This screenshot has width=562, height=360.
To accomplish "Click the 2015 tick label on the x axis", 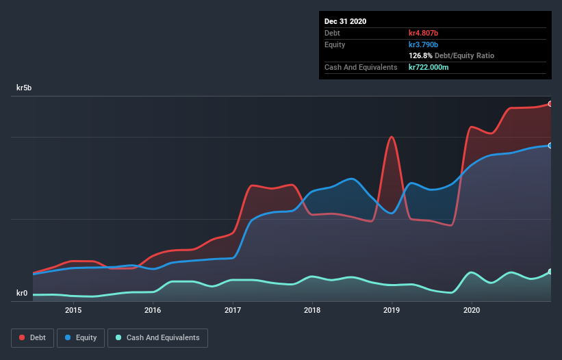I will [73, 310].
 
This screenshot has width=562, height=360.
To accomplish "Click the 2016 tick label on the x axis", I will [153, 310].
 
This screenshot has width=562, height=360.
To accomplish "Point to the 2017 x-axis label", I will [233, 310].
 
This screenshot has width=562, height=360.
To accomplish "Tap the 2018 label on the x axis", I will [312, 310].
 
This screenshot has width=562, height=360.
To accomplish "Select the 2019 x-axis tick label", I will [392, 310].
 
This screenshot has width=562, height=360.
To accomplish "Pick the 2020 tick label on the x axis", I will [472, 310].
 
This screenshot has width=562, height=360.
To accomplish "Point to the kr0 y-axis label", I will [22, 294].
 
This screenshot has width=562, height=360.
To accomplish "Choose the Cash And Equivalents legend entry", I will [157, 337].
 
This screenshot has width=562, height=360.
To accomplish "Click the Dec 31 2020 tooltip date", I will [345, 21].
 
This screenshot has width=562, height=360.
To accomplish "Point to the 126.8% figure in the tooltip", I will [422, 55].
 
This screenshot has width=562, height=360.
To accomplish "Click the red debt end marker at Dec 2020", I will [550, 104].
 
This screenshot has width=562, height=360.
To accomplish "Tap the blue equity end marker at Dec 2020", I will [550, 145].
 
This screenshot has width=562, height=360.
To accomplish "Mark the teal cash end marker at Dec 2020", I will [550, 272].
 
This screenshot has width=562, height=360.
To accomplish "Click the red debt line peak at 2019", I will [392, 137].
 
